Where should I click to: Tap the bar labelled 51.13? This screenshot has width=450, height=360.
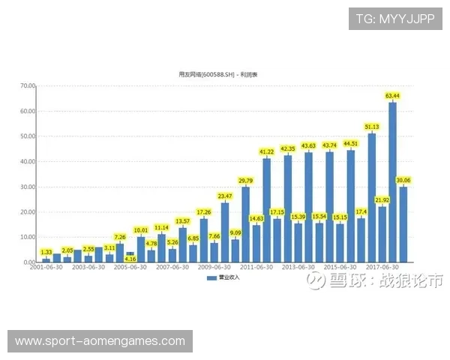coord(372,198)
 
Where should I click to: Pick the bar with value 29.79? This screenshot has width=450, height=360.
coord(246,224)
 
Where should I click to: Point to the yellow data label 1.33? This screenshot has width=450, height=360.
coord(46,253)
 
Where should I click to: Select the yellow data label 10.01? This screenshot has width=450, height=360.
coord(141,230)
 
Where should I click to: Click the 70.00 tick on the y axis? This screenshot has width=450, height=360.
coord(28,85)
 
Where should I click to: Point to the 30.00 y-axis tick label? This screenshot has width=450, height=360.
coord(28,187)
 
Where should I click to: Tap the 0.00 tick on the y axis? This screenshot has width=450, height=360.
coord(30,262)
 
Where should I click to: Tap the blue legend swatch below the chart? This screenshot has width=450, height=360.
coord(211,277)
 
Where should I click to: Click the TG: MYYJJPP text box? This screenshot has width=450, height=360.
coord(396,17)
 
